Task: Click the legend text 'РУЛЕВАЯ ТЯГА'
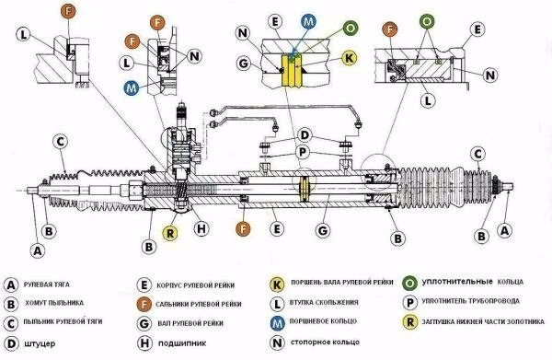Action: click(x=47, y=285)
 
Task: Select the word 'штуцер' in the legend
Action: click(x=40, y=343)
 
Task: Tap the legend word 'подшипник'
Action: click(x=182, y=343)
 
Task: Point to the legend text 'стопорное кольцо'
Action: click(x=326, y=342)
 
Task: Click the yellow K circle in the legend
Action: click(x=277, y=285)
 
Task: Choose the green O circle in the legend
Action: click(x=409, y=283)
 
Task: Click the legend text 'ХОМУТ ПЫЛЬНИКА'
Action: click(x=54, y=303)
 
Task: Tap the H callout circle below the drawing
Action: click(x=201, y=228)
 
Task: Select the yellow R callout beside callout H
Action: click(x=170, y=233)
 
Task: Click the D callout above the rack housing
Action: click(x=305, y=135)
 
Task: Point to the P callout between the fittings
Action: click(x=303, y=153)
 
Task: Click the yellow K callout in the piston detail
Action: click(x=350, y=58)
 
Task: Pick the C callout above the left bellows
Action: click(x=61, y=142)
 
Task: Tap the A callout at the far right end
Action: click(x=504, y=231)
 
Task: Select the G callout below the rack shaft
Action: click(x=323, y=231)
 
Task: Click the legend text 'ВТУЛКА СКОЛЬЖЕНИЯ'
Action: click(x=324, y=303)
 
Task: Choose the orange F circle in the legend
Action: click(x=144, y=304)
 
